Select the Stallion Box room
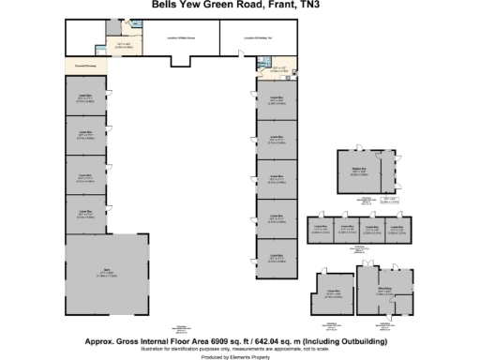tap(358, 172)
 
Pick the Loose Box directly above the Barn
tap(85, 214)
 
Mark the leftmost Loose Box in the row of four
tap(320, 229)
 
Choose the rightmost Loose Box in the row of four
tap(397, 229)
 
